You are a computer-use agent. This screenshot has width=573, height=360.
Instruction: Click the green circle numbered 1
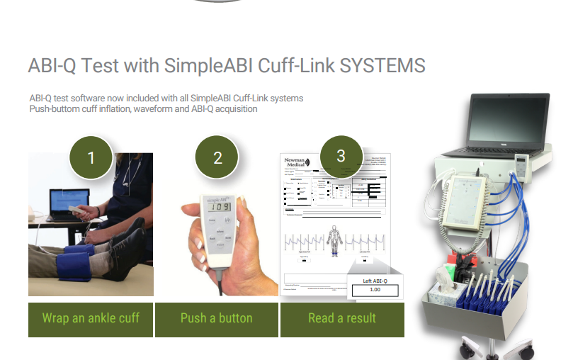91,157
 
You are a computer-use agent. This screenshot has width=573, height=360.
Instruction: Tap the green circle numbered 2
217,157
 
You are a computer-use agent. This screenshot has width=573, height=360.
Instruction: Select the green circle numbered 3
341,156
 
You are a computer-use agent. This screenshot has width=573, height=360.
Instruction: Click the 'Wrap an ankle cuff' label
91,318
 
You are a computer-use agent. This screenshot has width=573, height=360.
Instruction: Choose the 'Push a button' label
216,318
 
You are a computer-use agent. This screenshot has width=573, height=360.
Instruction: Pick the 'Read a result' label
342,318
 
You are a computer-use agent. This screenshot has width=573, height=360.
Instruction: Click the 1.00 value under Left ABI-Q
375,290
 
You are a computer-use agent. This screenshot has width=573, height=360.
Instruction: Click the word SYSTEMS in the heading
382,66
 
